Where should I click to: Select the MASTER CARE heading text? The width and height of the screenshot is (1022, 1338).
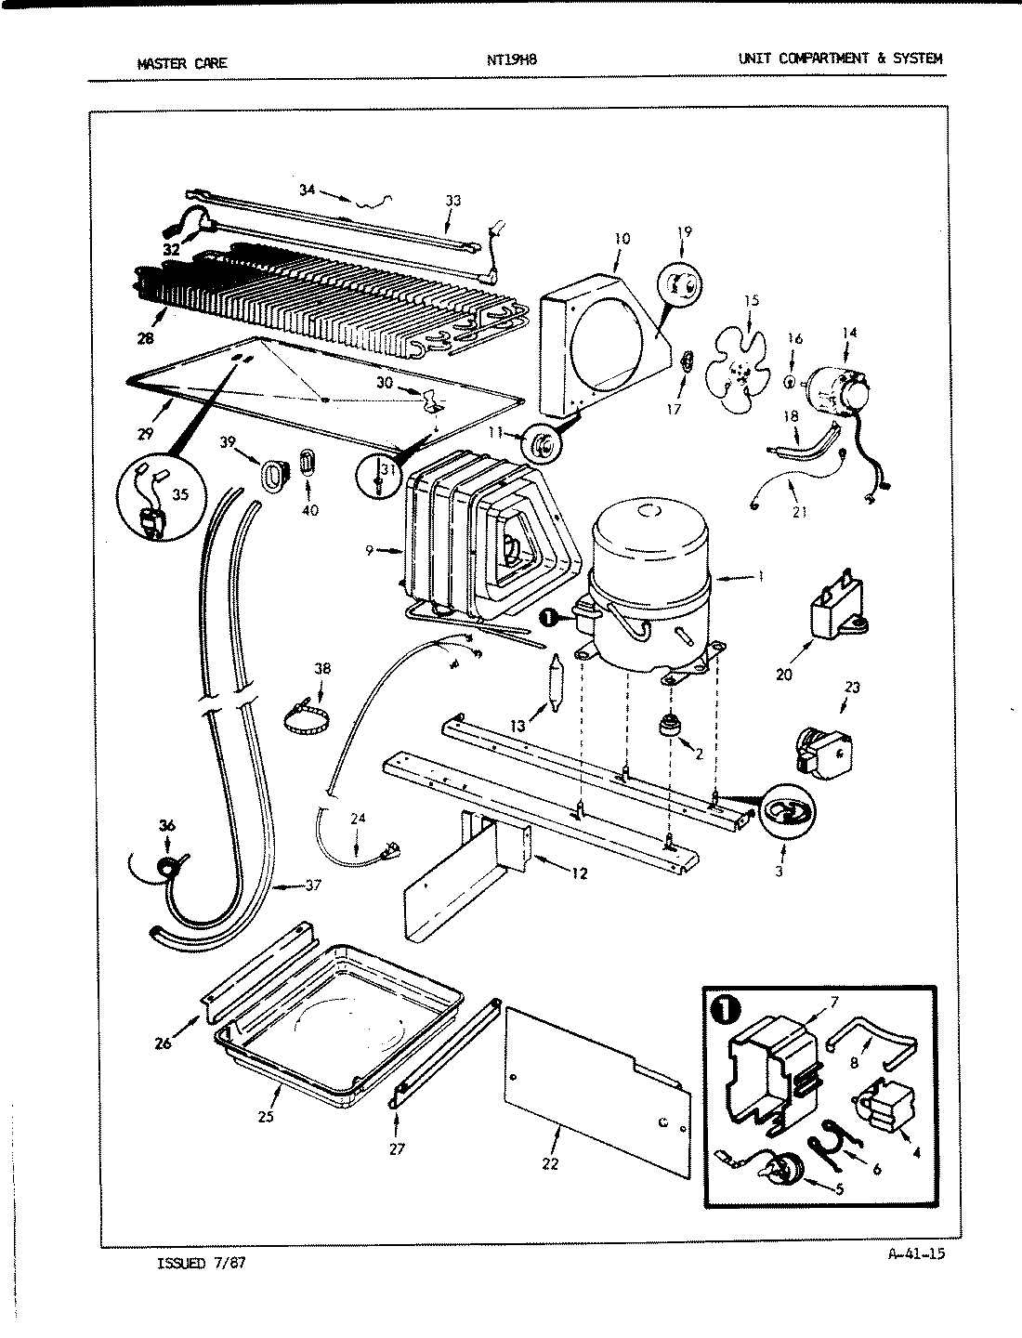[181, 64]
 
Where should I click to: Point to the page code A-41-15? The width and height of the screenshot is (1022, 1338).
[916, 1253]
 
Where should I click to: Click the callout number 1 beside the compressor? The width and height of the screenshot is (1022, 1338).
[760, 576]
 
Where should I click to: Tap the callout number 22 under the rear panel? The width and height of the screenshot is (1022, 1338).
[550, 1163]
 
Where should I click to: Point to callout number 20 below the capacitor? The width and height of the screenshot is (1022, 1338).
[784, 675]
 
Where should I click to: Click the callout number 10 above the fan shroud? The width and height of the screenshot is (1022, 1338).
[622, 239]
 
